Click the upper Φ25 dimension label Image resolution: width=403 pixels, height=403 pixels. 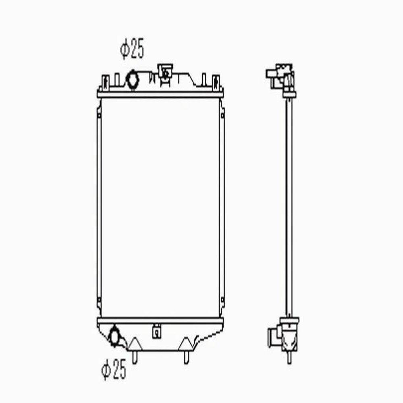point(132,49)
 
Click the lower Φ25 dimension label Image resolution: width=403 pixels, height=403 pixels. point(114,369)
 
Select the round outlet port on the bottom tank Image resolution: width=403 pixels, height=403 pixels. point(114,337)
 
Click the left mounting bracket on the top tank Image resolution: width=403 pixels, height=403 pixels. point(105,83)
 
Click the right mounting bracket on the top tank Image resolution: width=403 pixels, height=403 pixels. point(216,83)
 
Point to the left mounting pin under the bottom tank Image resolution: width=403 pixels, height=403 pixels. point(135,357)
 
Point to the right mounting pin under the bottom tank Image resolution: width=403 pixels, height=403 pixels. point(187,357)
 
